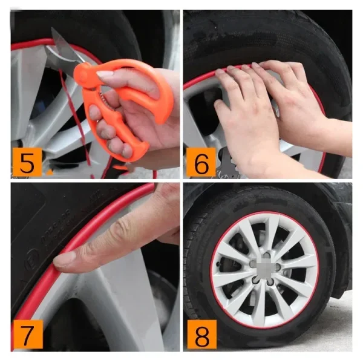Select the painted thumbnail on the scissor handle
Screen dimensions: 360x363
pos(103,74)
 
